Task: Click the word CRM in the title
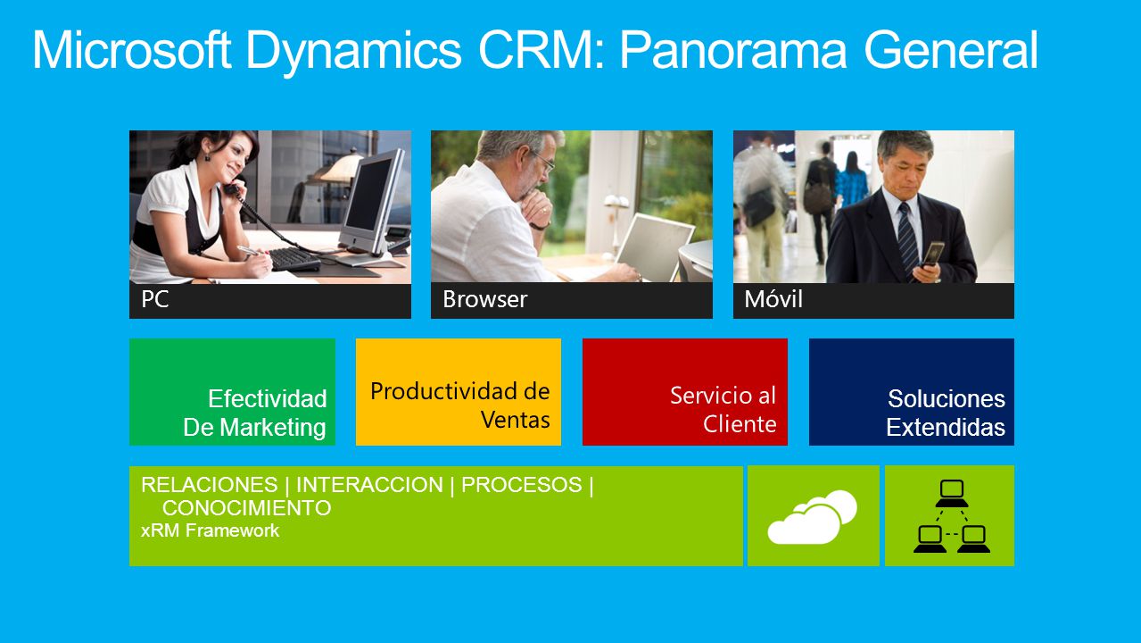tap(541, 50)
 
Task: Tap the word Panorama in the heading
tap(733, 50)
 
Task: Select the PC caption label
tap(155, 299)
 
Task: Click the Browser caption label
tap(485, 299)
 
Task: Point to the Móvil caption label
tap(773, 299)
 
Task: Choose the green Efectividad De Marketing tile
tap(232, 392)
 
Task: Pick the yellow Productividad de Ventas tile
tap(459, 392)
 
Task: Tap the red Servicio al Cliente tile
tap(685, 392)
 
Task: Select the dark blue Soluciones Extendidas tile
tap(911, 392)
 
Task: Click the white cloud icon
tap(812, 518)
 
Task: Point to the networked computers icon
tap(952, 516)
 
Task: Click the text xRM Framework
tap(210, 530)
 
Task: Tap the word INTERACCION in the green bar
tap(370, 484)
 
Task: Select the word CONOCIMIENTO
tap(246, 508)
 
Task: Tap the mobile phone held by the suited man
tap(932, 254)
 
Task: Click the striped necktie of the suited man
tap(907, 238)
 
